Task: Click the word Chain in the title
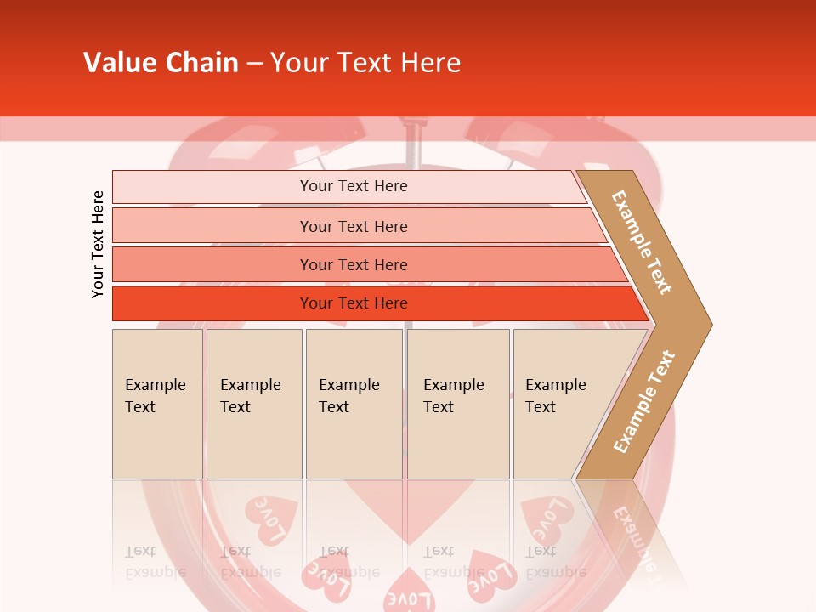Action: click(x=203, y=63)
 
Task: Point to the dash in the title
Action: click(x=254, y=64)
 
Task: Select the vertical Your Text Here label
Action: click(x=98, y=244)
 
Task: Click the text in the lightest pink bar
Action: click(x=354, y=186)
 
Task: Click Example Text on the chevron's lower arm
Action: click(x=644, y=402)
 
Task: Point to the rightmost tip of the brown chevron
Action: click(x=711, y=324)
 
